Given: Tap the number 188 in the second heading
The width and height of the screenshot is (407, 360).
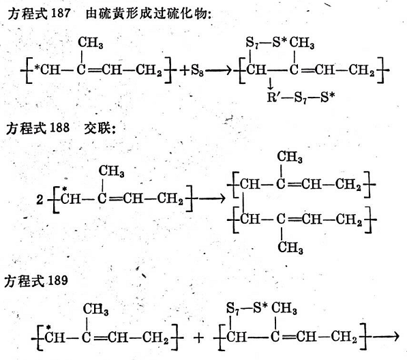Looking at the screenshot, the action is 59,127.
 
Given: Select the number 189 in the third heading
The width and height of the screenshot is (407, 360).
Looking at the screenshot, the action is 58,280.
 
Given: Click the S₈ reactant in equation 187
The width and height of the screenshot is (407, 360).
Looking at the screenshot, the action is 197,70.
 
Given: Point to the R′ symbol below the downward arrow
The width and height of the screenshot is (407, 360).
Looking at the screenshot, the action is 273,97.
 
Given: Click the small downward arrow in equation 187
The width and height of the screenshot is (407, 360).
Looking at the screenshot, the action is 271,84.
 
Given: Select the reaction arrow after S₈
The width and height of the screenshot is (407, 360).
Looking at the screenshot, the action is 218,70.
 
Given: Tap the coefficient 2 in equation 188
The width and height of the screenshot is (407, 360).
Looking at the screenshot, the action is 40,200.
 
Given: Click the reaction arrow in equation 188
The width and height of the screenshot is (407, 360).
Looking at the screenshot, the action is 211,199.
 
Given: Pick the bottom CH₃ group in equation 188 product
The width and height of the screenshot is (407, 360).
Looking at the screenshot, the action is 290,247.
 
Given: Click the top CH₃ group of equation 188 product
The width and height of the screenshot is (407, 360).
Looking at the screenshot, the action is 290,157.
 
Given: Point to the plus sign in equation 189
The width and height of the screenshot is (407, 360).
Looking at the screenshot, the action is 198,337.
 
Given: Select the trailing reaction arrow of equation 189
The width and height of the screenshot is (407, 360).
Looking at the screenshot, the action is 385,337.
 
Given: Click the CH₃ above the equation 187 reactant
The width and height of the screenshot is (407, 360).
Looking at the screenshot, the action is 90,42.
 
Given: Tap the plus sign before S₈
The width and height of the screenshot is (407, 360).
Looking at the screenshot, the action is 185,71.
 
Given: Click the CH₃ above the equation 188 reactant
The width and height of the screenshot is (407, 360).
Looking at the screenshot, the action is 111,171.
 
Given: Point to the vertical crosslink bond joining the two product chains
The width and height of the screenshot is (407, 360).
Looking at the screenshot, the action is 243,202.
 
